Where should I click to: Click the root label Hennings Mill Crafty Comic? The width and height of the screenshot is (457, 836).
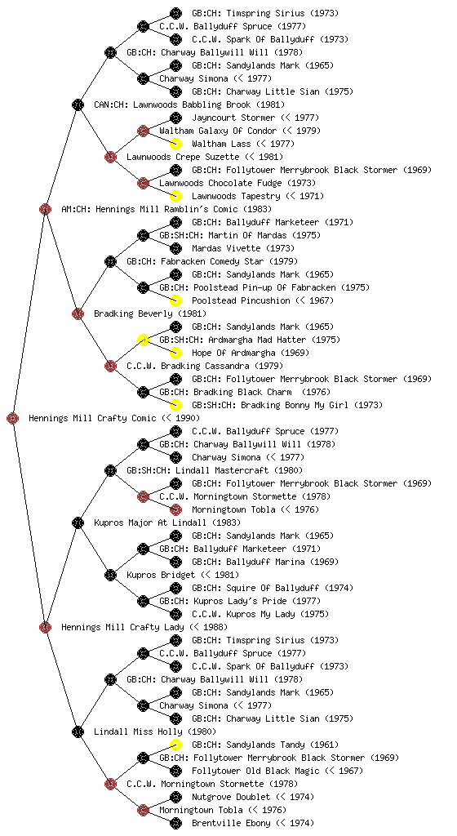(93, 418)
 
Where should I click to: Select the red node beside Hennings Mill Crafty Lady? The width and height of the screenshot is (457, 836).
(45, 627)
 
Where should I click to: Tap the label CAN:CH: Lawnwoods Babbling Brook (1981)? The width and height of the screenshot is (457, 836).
(189, 104)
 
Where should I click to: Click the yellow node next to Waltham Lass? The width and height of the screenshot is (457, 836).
(175, 144)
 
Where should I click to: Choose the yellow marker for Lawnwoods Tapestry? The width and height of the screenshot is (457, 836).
(175, 196)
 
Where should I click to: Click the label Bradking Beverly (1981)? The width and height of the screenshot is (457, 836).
(150, 313)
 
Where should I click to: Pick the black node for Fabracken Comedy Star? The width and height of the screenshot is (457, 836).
(110, 261)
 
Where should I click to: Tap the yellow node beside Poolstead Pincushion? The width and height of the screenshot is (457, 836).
(175, 300)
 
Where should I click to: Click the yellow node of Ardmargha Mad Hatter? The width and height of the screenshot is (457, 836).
(143, 340)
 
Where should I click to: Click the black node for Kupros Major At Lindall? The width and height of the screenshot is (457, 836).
(78, 522)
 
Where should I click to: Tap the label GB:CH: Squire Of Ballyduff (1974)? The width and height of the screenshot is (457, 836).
(273, 588)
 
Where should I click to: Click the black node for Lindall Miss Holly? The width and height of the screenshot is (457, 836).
(78, 731)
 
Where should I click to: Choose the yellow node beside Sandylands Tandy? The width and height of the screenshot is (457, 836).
(175, 745)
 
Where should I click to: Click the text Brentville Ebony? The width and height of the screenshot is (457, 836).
(231, 823)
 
